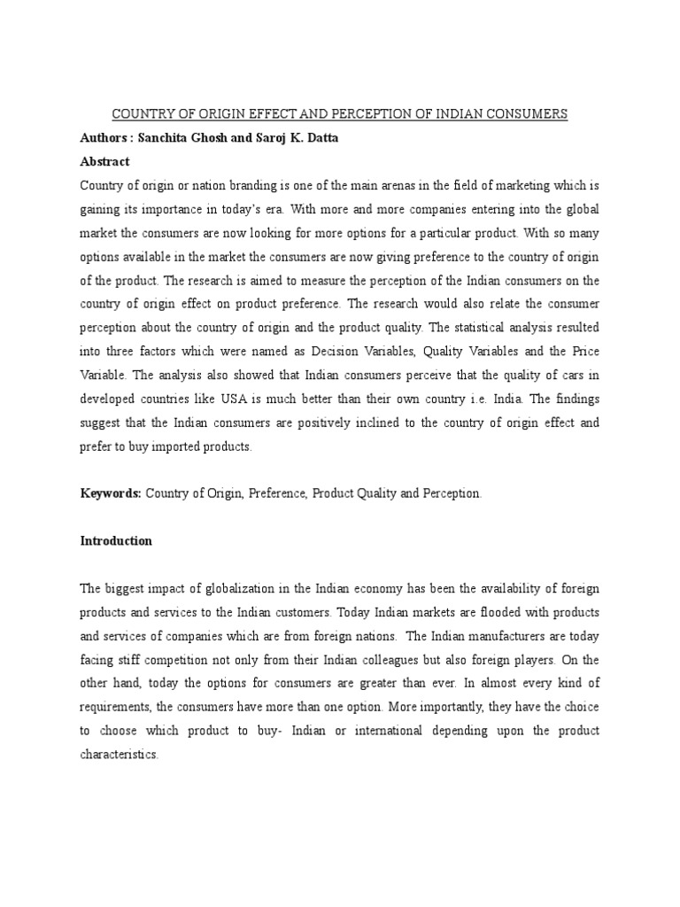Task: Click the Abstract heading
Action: pos(104,161)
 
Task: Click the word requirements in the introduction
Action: pos(116,707)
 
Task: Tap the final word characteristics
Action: pos(119,755)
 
